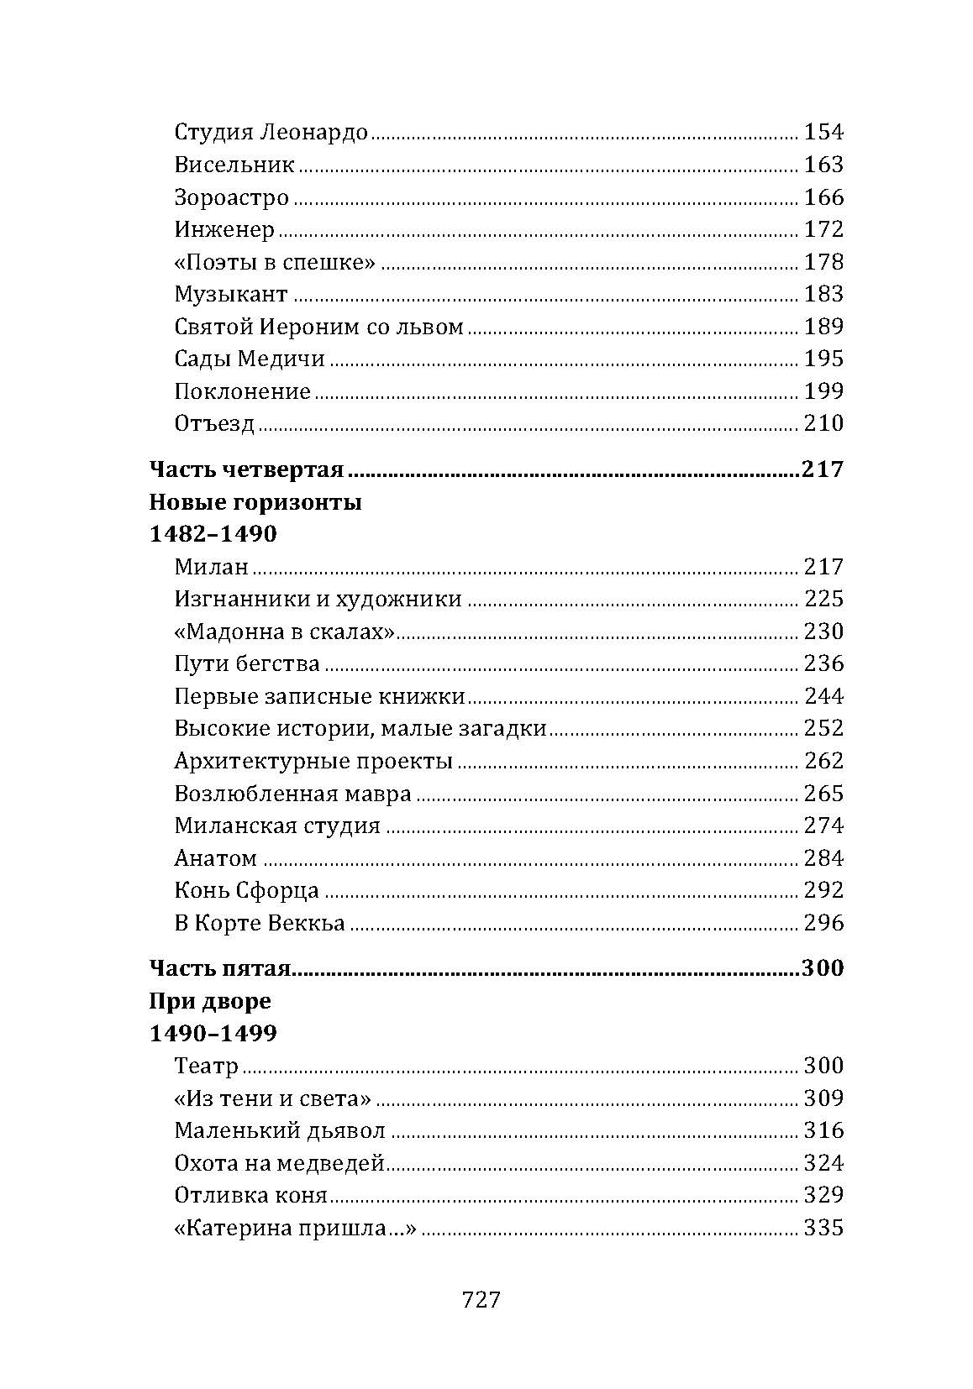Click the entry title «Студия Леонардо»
[x=271, y=133]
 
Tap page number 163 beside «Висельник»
[x=823, y=165]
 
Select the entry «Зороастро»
[x=232, y=198]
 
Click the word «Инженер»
[x=224, y=230]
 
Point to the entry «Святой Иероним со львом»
[x=318, y=327]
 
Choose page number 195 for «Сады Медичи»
[x=823, y=359]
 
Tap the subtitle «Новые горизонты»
[x=255, y=503]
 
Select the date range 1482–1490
[x=213, y=535]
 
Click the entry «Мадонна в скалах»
[x=285, y=632]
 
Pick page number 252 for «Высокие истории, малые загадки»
[x=823, y=728]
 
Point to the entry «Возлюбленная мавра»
[x=292, y=794]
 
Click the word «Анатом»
[x=215, y=858]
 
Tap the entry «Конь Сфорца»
[x=246, y=890]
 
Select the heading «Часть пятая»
[x=219, y=969]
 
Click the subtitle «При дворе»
[x=210, y=1002]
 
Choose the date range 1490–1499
[x=213, y=1034]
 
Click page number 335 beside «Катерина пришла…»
[x=823, y=1229]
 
